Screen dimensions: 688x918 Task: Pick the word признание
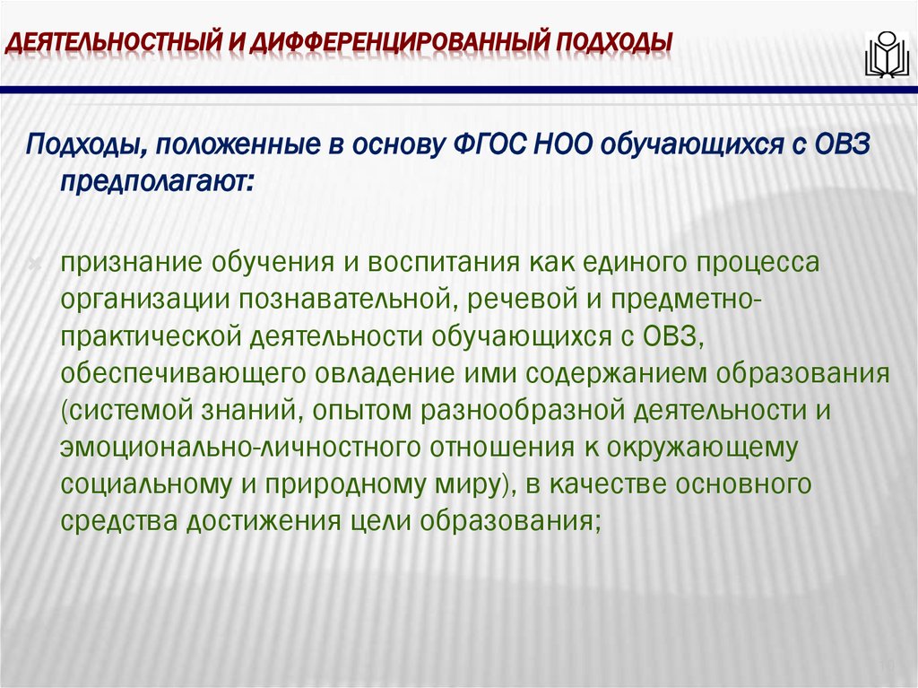130,263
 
